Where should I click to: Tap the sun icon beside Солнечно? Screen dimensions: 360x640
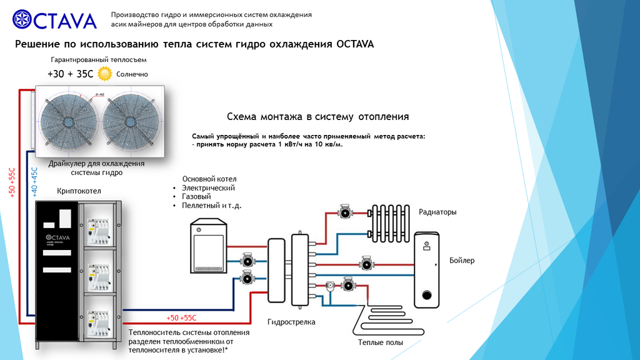coord(104,74)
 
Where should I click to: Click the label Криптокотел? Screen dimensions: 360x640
coord(79,190)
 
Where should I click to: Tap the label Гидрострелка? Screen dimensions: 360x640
coord(291,322)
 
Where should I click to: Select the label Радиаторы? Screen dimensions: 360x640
coord(437,212)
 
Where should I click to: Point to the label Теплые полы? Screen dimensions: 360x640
coord(380,342)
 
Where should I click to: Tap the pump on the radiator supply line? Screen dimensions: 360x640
coord(344,212)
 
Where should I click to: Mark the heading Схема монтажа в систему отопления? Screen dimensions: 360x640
coord(317,117)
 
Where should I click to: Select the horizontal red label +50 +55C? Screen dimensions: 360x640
coord(181,318)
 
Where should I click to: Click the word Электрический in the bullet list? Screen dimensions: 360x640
coord(208,187)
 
